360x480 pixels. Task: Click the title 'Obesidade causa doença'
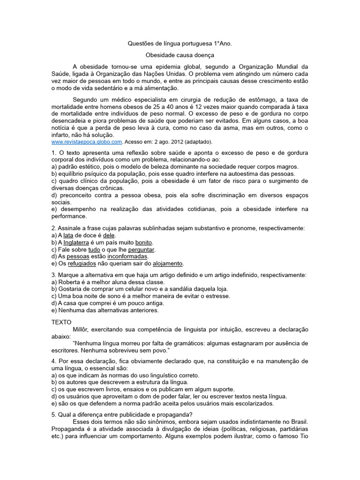(x=180, y=55)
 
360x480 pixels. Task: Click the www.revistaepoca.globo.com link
(x=87, y=142)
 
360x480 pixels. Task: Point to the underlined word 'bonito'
(x=143, y=242)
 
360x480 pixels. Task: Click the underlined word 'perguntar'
(x=141, y=249)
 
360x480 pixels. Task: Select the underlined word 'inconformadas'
(x=127, y=256)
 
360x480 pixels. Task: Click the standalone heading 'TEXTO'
(x=61, y=322)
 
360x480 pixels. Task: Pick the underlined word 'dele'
(x=109, y=235)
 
